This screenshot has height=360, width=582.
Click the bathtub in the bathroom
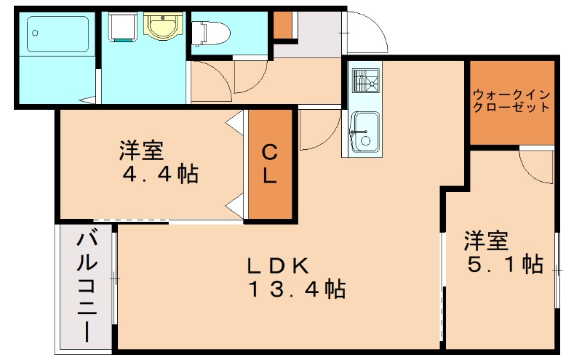pos(58,35)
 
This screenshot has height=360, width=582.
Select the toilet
pos(211,32)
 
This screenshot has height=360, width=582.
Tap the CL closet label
pos(270,164)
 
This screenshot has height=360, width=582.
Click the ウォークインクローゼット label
pos(511,101)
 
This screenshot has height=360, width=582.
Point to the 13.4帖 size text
pos(296,290)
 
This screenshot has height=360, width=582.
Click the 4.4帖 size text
pos(161,175)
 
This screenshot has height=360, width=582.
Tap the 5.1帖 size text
pos(505,264)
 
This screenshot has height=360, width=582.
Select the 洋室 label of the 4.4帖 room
pos(141,151)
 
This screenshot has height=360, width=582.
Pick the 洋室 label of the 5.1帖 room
pos(486,239)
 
